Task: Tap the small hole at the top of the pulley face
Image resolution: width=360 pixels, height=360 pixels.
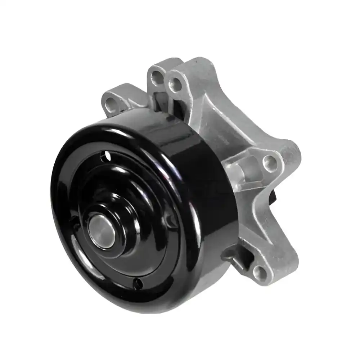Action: tap(107, 156)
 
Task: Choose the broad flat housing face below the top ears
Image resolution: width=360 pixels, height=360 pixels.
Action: tap(216, 119)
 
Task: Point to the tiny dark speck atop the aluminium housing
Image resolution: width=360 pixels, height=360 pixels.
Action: tap(197, 62)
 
